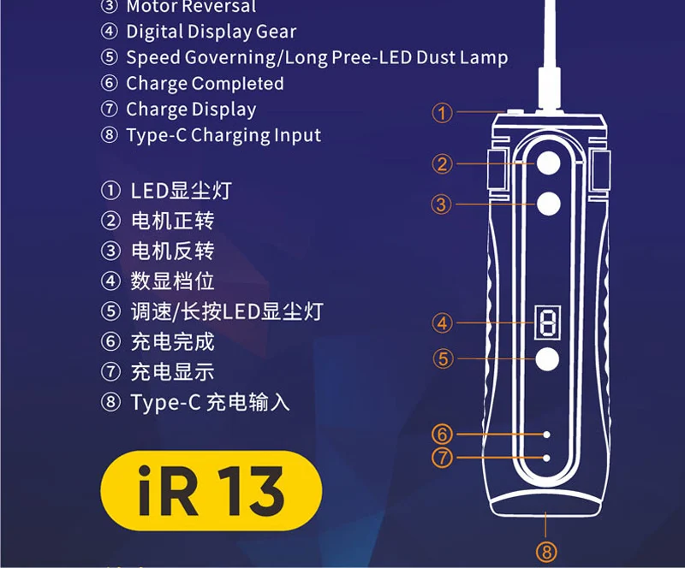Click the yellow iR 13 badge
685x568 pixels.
pos(211,492)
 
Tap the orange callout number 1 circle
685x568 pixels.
pos(442,112)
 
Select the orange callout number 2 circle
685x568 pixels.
pos(442,163)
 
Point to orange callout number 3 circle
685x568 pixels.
pos(442,204)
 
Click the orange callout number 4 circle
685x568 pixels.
pos(442,323)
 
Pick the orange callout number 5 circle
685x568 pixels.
pos(443,359)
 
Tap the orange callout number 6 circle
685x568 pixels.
pos(442,434)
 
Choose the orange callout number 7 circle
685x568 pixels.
pos(442,458)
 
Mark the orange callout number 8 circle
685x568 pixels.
pos(546,552)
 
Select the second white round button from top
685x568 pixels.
pos(547,203)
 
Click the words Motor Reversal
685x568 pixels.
pos(190,7)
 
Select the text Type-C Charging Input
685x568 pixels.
pos(223,135)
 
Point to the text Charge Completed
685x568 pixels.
pos(205,84)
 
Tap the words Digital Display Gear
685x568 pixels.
pos(211,33)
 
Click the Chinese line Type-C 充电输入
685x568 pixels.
pos(210,402)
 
